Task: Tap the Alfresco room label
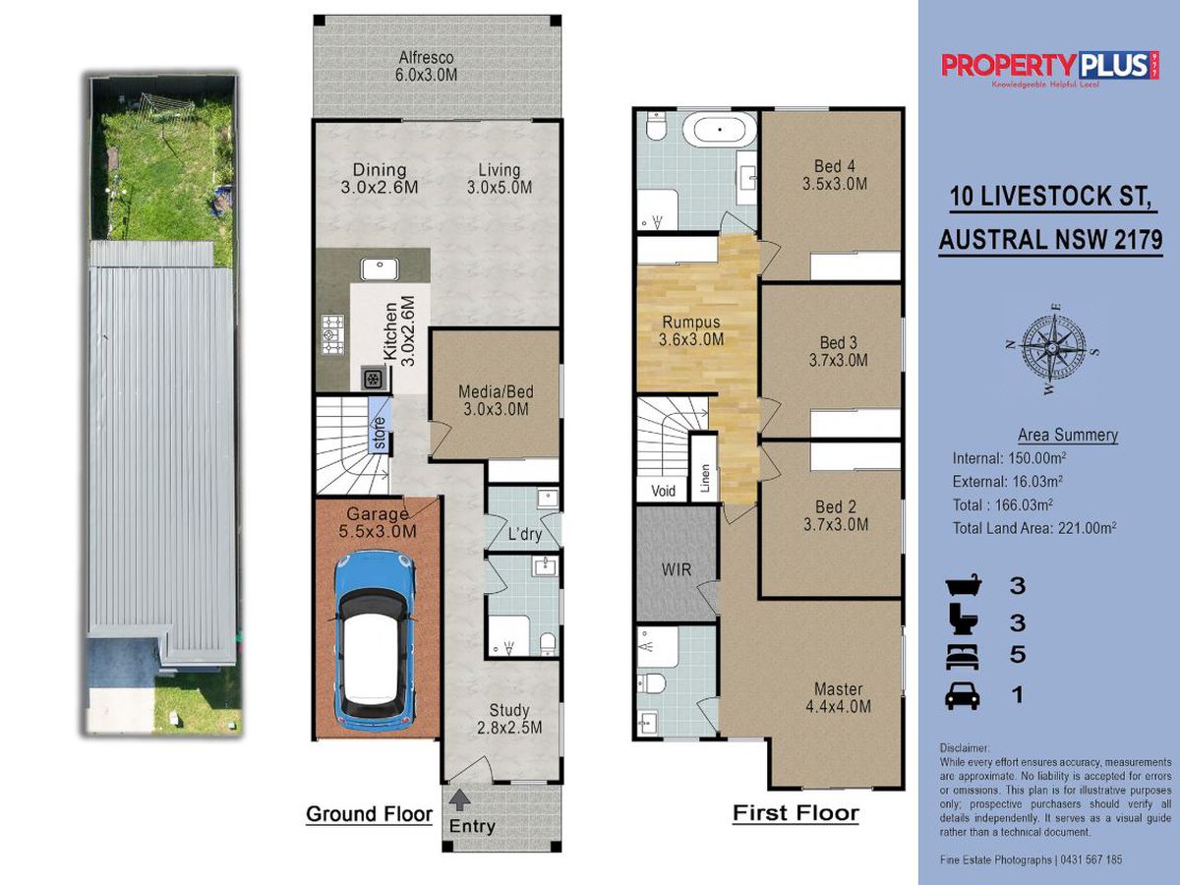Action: click(x=427, y=57)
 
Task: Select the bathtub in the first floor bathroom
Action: click(x=719, y=130)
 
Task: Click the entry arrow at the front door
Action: click(x=459, y=799)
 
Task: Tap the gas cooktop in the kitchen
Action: click(x=332, y=334)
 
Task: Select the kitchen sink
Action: click(x=380, y=269)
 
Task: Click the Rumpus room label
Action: click(x=691, y=322)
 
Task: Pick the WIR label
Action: click(x=677, y=569)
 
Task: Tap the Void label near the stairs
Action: click(x=663, y=490)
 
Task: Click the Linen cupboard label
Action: click(x=705, y=478)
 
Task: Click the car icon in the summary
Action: click(x=963, y=696)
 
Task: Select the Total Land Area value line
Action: click(x=1034, y=528)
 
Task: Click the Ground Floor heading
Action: click(x=370, y=814)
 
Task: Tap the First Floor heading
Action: click(x=796, y=813)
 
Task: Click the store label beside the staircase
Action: click(x=380, y=433)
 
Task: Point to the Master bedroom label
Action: click(x=838, y=689)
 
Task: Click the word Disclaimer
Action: click(x=965, y=748)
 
